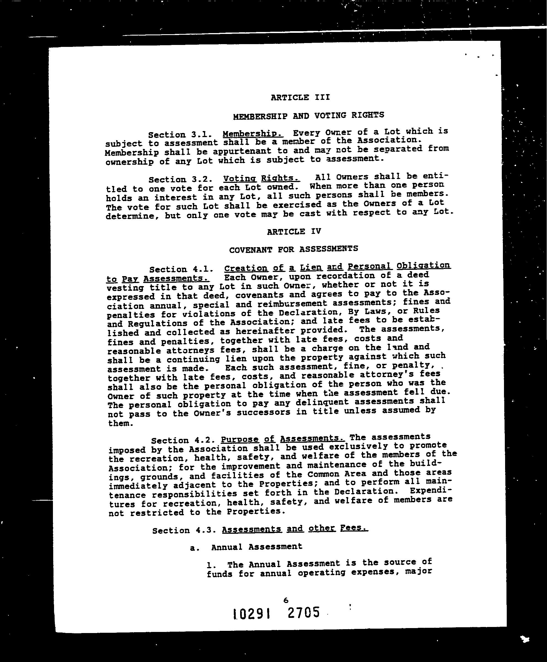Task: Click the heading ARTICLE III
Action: pyautogui.click(x=300, y=97)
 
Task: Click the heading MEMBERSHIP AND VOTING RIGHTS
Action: pyautogui.click(x=309, y=116)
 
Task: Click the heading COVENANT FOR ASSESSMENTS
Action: pyautogui.click(x=293, y=249)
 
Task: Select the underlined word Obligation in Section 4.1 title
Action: pyautogui.click(x=423, y=266)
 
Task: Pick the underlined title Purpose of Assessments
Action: pyautogui.click(x=283, y=439)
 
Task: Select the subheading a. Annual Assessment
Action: pyautogui.click(x=246, y=547)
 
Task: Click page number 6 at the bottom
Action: pyautogui.click(x=286, y=600)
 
